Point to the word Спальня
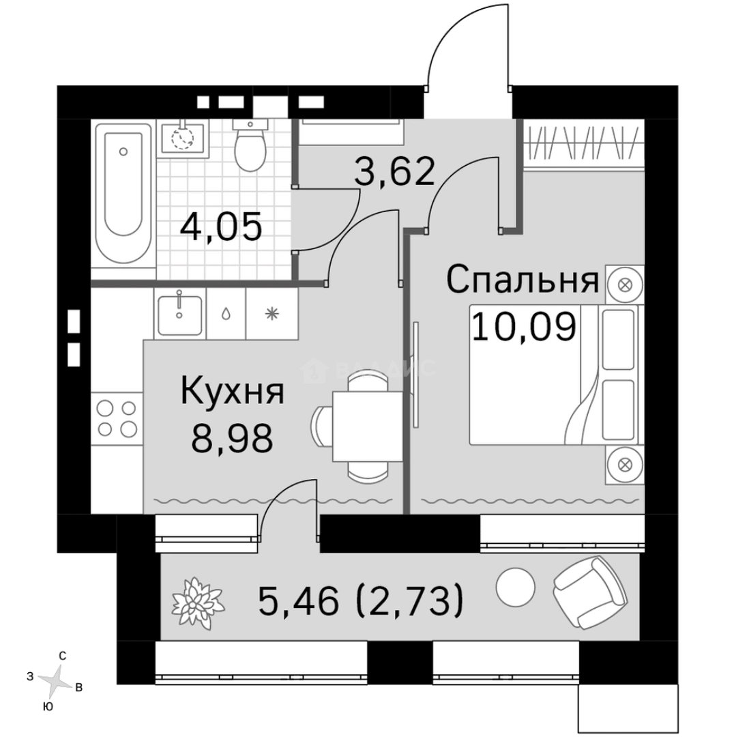522,280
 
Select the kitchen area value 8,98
232,439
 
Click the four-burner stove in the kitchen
117,418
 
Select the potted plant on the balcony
198,600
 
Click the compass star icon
54,679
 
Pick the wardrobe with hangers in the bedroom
584,144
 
